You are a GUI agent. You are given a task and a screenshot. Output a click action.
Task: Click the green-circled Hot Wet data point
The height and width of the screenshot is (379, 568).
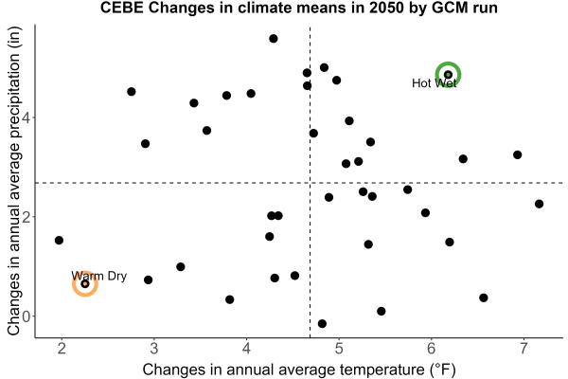pos(448,74)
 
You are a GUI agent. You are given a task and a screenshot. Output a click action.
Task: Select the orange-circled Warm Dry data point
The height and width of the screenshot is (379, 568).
pos(85,284)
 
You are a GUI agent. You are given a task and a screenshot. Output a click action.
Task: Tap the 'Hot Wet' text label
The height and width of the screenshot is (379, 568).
pos(434,83)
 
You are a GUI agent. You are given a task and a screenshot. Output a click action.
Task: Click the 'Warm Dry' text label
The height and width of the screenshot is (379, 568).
pos(98,276)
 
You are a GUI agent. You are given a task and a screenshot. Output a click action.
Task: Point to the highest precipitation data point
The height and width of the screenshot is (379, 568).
pos(274,39)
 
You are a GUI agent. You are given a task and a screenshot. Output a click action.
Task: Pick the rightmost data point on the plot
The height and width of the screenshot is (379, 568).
pos(539,204)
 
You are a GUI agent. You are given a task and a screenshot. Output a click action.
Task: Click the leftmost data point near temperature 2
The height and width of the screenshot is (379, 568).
pos(59,240)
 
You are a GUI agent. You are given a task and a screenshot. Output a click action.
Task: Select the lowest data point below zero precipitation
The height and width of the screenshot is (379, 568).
pos(322,323)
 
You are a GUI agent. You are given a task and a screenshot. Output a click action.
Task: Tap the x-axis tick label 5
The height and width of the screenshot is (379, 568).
pos(339,349)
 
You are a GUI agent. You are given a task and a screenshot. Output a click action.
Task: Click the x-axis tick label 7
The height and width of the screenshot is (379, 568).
pos(524,349)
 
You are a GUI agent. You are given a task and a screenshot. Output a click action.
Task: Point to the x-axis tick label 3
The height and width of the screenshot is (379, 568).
pos(154,349)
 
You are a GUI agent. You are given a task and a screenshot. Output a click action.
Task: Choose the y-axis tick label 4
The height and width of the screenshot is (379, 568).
pos(27,117)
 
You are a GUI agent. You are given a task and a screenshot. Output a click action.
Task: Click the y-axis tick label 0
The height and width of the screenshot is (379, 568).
pos(27,316)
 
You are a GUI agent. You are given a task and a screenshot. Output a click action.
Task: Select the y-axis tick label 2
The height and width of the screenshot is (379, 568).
pos(27,217)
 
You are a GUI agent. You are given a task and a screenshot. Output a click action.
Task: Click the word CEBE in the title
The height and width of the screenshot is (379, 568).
pos(122,8)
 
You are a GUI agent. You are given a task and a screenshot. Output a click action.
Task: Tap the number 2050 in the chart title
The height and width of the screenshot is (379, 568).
pos(386,8)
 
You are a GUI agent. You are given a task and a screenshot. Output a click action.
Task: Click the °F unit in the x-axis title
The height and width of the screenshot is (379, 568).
pos(442,370)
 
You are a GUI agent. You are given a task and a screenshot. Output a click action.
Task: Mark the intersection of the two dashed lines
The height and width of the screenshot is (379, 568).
pos(311,183)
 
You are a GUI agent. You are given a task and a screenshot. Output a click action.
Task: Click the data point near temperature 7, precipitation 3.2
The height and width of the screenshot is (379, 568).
pos(517,154)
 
